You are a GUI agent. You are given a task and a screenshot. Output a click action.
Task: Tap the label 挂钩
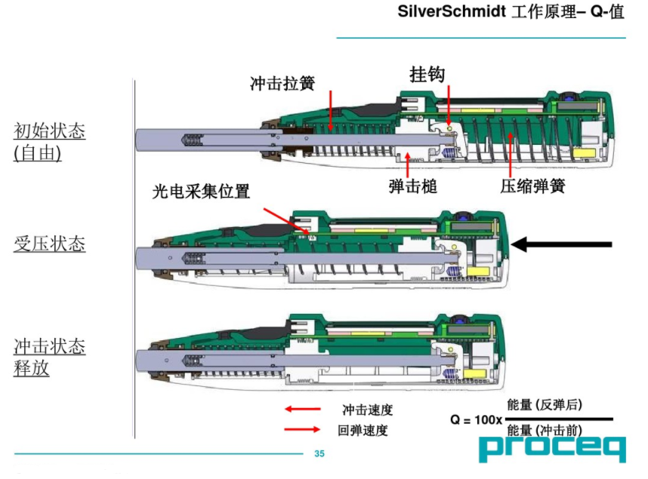[x=427, y=74]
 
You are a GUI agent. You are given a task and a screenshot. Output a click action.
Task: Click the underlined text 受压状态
[x=50, y=244]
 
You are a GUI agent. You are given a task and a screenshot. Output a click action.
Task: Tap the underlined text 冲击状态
[x=50, y=347]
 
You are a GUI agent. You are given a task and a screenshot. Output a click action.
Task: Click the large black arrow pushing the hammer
[x=563, y=244]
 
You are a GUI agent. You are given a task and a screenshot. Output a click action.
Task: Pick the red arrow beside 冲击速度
[x=301, y=409]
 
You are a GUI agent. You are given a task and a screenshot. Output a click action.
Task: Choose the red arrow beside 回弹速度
[x=301, y=430]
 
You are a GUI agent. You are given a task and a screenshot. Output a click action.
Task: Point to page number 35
[x=319, y=453]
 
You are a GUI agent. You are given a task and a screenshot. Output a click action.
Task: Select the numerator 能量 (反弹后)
[x=545, y=405]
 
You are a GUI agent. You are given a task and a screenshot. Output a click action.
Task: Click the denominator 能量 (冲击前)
[x=545, y=431]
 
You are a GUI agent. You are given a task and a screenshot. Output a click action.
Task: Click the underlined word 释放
[x=32, y=370]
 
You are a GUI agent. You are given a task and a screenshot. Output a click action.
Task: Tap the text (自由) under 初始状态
[x=37, y=152]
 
